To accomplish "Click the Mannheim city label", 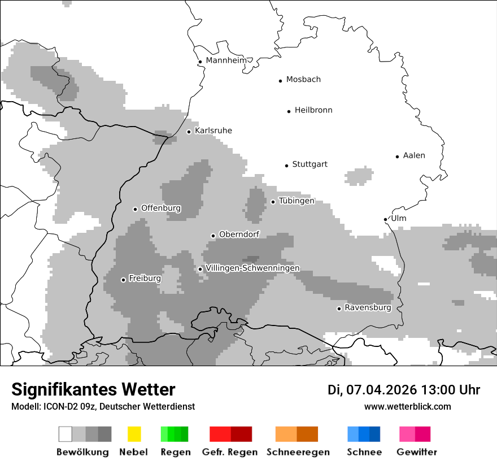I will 226,60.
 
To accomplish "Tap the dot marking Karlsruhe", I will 189,132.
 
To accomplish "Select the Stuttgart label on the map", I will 309,164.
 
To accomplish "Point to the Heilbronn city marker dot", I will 289,111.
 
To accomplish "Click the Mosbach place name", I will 303,80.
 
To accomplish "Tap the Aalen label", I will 414,155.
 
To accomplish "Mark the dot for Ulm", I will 385,219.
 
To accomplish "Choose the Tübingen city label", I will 297,201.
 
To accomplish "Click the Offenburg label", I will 161,208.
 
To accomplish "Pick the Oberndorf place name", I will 239,234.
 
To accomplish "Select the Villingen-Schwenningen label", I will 253,268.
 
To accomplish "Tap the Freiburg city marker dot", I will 123,280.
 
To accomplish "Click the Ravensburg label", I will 368,308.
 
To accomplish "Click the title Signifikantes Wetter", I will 93,389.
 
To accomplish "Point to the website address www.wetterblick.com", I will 407,406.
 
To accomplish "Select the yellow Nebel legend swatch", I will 134,434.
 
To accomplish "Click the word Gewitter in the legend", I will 417,452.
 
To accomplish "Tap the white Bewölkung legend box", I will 66,434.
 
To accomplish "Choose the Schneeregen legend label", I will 298,452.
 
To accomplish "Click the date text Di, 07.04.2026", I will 372,390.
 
